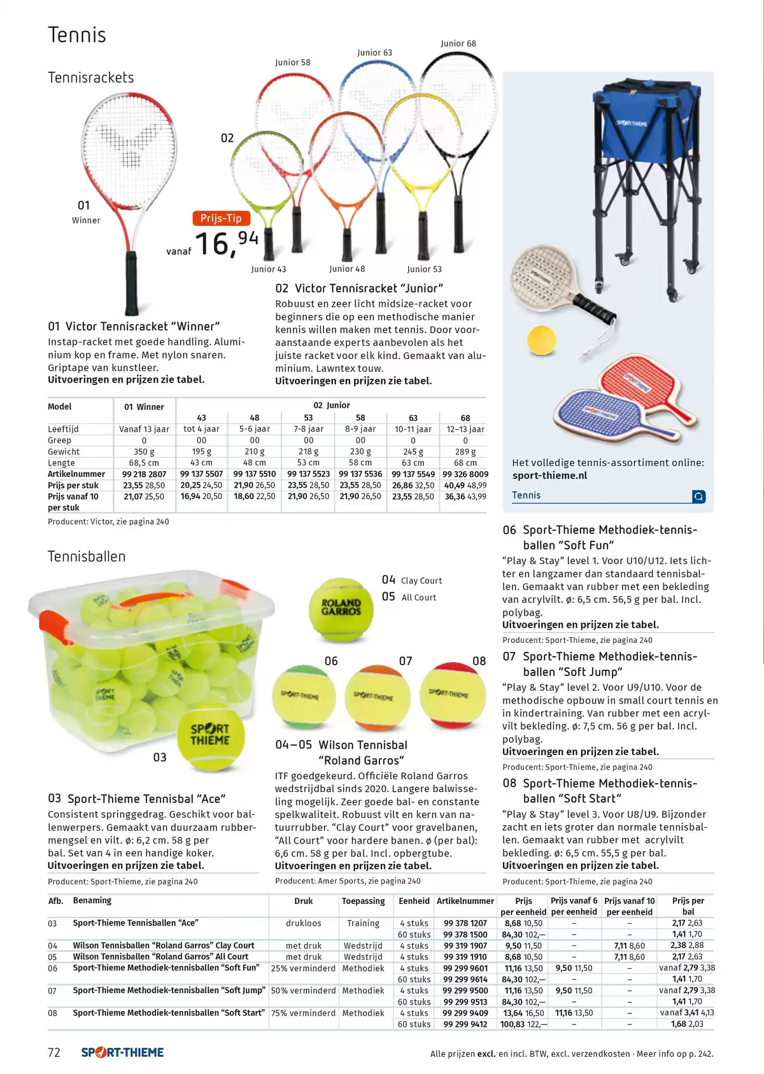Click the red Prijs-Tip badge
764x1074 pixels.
tap(221, 218)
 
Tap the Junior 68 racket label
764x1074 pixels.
tap(458, 44)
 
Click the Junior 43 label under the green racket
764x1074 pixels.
tap(269, 269)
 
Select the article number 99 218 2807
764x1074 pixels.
tap(144, 474)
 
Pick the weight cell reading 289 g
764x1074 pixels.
tap(465, 451)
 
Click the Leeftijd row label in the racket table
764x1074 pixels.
tap(63, 429)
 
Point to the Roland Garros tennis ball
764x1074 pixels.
tap(341, 609)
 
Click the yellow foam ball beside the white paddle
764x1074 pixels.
tap(541, 340)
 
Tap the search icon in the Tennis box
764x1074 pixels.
tap(698, 496)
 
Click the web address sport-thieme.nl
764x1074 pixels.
tap(549, 476)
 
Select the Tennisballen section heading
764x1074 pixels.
tap(87, 556)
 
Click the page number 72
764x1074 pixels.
tap(54, 1052)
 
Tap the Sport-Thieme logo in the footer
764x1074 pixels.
tap(122, 1052)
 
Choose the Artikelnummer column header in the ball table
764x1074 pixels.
tap(465, 901)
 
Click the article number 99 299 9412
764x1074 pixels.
tap(465, 1024)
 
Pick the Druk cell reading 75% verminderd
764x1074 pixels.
tap(303, 1013)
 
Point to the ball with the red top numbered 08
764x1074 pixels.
tap(452, 695)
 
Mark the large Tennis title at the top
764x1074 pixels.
tap(77, 35)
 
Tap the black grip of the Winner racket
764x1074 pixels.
tap(131, 283)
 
